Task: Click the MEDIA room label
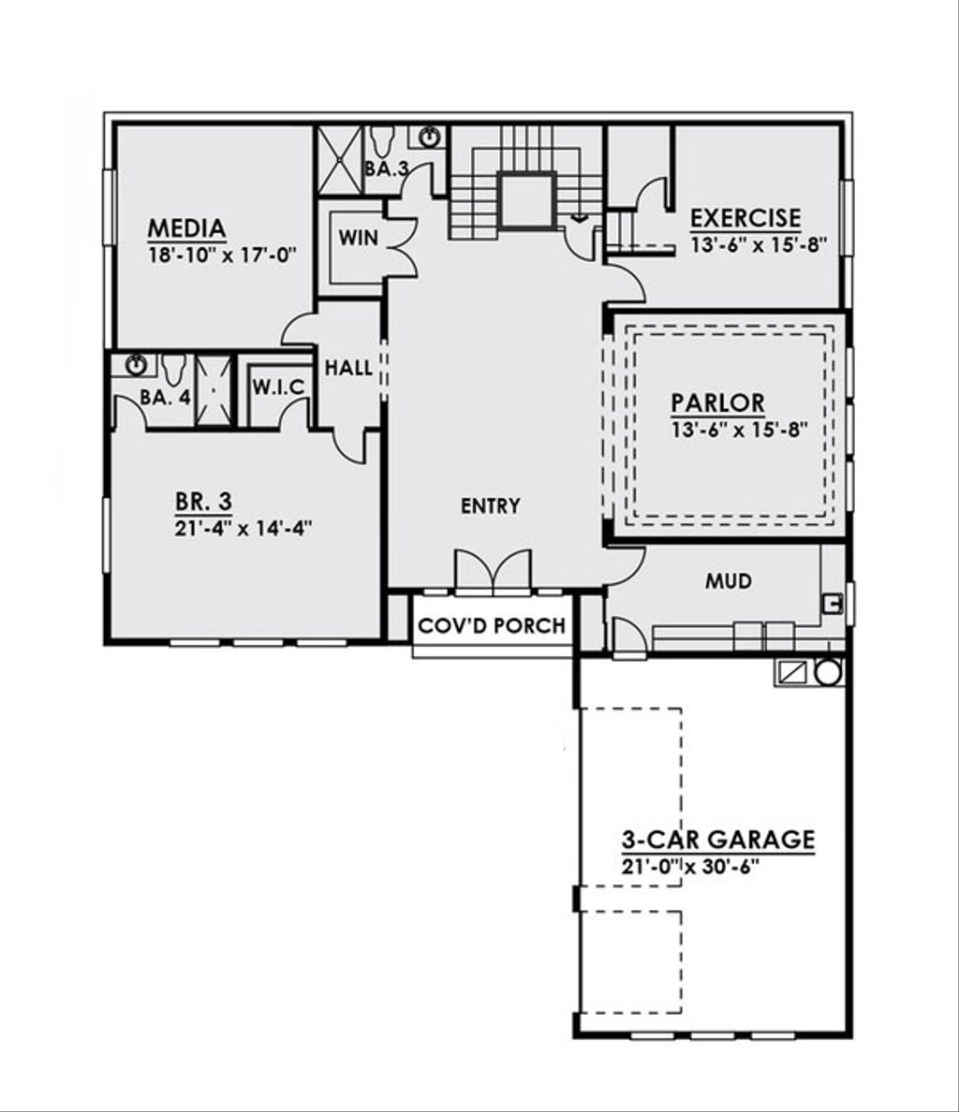(186, 228)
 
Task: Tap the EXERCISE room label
(745, 218)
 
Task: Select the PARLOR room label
(717, 402)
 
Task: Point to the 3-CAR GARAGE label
(718, 840)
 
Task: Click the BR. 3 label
(203, 502)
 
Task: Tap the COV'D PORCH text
(492, 625)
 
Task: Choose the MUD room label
(729, 581)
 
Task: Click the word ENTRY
(490, 505)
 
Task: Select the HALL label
(349, 368)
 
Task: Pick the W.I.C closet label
(279, 388)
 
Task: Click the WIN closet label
(358, 238)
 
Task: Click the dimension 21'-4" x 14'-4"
(243, 528)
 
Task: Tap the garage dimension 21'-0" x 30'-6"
(689, 867)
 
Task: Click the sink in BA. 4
(136, 365)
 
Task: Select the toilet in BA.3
(381, 141)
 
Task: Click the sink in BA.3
(429, 137)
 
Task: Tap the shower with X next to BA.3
(339, 159)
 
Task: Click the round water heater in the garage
(828, 671)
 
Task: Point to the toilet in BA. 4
(173, 370)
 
